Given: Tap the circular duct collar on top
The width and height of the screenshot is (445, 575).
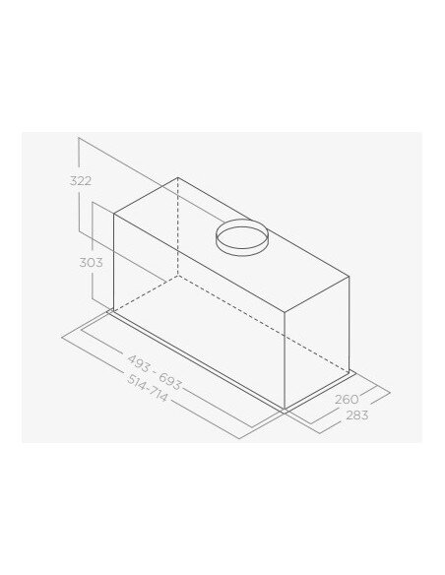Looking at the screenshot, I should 241,237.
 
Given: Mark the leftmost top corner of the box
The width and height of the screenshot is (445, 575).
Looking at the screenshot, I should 115,216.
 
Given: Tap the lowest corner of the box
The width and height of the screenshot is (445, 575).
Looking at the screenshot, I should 286,406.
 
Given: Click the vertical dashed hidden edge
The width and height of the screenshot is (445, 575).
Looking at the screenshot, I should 178,227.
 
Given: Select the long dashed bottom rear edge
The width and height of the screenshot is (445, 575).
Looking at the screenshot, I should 266,320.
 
